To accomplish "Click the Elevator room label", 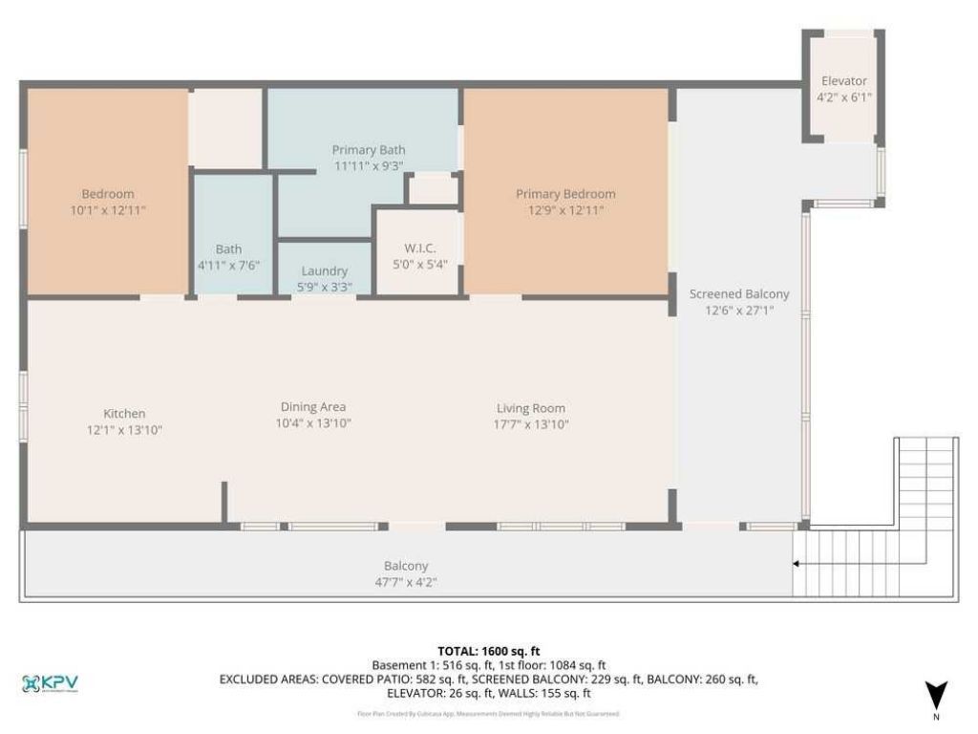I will coord(843,81).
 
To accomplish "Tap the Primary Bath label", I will coord(368,150).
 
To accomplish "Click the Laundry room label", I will coord(324,271).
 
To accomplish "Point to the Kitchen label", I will coord(124,414).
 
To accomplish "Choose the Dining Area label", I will coord(312,406).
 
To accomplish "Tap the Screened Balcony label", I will coord(739,294).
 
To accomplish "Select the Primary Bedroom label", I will coord(565,194).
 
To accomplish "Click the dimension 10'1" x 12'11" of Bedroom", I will coord(107,210).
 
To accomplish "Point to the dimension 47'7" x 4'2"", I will coord(406,581).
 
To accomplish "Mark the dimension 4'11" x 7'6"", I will coord(228,265).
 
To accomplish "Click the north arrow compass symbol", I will coord(936,695).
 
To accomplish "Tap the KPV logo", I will coord(50,683).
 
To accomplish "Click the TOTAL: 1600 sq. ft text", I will coord(488,651).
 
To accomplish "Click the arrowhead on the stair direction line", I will coord(797,565).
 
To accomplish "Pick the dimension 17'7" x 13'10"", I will coord(532,424).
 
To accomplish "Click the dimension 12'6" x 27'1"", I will coord(739,311).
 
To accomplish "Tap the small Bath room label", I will coord(228,249).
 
